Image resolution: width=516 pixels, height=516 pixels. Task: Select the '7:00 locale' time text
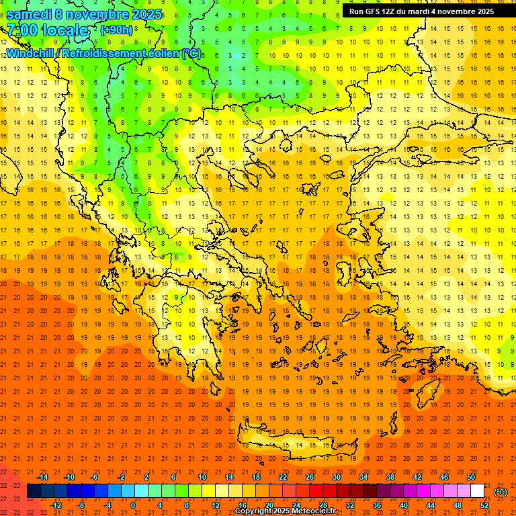tap(47, 30)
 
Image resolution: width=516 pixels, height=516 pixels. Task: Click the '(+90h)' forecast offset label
tap(117, 30)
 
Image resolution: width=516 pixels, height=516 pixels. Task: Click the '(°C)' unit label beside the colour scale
tap(501, 492)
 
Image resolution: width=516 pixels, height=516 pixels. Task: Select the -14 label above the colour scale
tap(42, 477)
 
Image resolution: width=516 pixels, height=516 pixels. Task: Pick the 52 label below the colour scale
tap(484, 505)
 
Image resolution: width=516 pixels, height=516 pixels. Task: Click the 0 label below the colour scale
tap(133, 505)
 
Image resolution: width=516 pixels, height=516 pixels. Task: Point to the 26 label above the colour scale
tap(310, 477)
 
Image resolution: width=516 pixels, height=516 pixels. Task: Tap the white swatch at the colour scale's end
tap(478, 491)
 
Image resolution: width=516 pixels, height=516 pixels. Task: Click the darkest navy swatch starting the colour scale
tap(34, 491)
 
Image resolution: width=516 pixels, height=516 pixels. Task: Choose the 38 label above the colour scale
tap(390, 477)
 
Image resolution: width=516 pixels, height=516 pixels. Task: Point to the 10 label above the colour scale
tap(202, 477)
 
